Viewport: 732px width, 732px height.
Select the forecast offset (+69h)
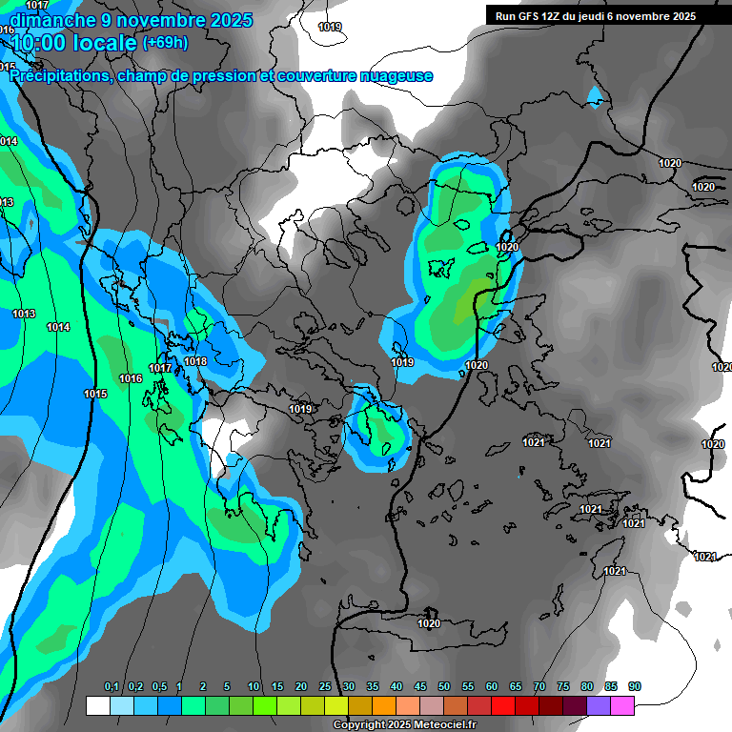165,42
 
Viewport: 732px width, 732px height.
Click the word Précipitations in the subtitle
60,76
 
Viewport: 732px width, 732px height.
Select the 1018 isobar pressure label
195,361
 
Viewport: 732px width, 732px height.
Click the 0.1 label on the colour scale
112,687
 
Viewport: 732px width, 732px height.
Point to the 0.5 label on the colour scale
159,687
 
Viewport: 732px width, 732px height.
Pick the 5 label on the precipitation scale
227,687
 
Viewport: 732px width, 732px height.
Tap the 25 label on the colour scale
325,687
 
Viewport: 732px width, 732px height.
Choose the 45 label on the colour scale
420,687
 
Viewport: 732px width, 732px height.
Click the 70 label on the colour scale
539,687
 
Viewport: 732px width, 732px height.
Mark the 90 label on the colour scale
635,687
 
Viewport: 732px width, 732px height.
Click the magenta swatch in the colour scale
622,705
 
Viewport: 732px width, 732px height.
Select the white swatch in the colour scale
97,705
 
